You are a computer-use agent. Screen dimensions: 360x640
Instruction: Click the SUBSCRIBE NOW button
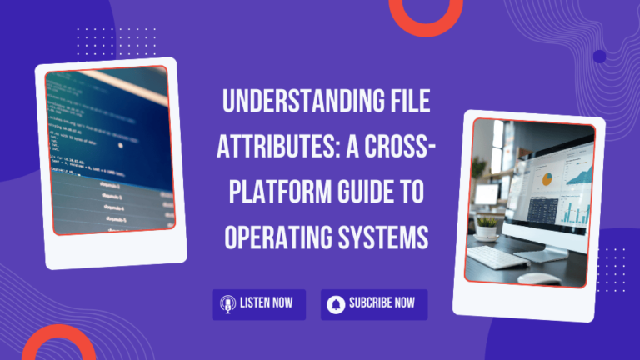(x=373, y=304)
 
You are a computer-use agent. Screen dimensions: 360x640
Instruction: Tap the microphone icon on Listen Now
(x=226, y=304)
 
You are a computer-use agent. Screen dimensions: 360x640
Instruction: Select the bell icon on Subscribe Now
(x=336, y=304)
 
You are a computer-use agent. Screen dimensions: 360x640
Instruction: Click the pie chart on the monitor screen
(x=547, y=177)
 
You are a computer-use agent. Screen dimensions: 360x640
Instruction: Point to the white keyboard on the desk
(x=502, y=257)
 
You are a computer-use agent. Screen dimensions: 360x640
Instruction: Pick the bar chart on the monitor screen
(x=574, y=212)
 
